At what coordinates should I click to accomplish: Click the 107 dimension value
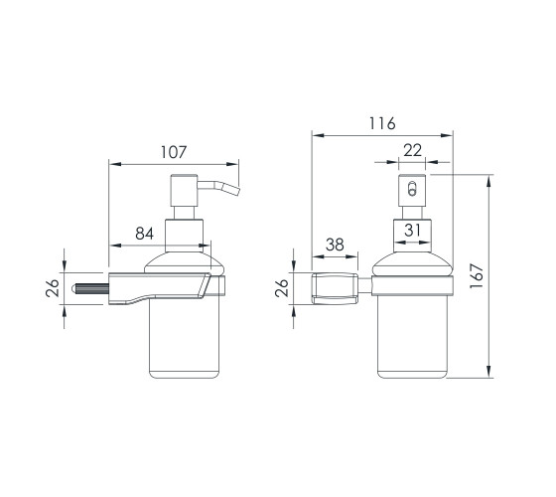click(x=174, y=152)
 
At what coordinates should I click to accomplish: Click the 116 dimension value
click(x=382, y=123)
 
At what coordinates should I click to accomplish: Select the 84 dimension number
click(x=145, y=234)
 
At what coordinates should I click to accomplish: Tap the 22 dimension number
click(x=413, y=150)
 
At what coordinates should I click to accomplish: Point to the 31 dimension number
click(x=412, y=230)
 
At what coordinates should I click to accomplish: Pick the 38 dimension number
click(x=336, y=245)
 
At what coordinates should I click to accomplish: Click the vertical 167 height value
click(x=477, y=276)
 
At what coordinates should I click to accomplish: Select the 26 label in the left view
click(x=52, y=288)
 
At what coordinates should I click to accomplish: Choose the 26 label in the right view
click(x=282, y=288)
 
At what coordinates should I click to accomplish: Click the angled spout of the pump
click(x=219, y=187)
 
